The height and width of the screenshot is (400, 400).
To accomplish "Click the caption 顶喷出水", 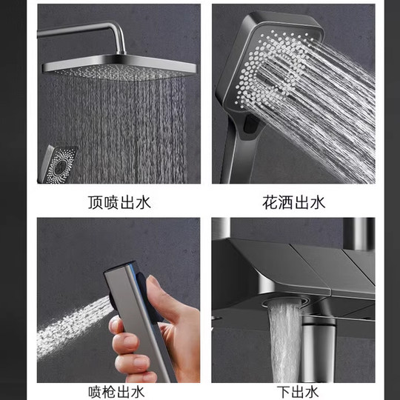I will click(118, 201).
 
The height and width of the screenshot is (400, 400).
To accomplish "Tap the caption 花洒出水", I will click(294, 201).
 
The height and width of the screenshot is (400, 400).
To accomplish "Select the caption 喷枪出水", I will click(118, 390).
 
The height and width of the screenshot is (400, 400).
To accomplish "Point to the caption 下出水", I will click(293, 390).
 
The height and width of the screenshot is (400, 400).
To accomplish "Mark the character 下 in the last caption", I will click(277, 390).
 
